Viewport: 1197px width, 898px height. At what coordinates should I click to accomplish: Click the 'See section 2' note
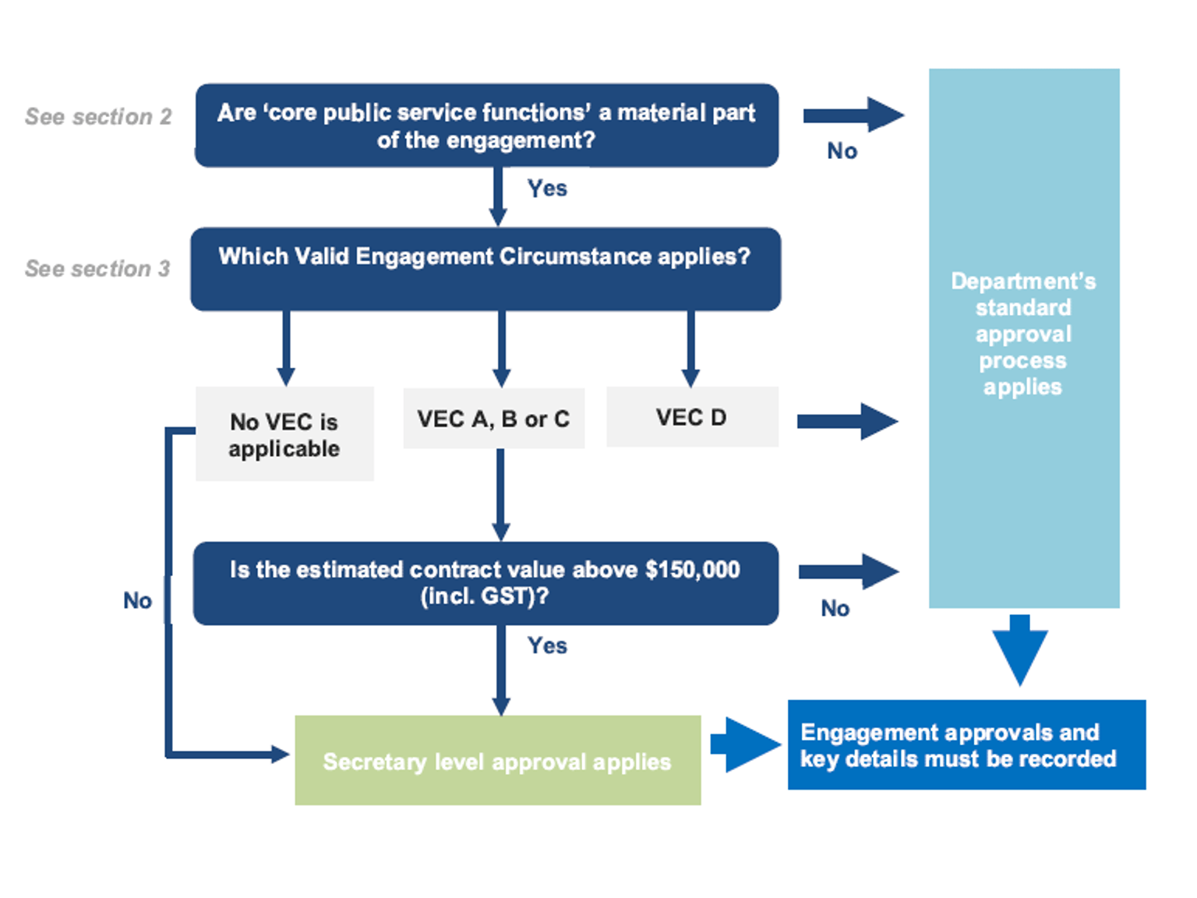(x=98, y=117)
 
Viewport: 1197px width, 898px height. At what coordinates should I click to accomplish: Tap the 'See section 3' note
(x=97, y=269)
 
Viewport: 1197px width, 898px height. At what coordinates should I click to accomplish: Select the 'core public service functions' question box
(x=486, y=126)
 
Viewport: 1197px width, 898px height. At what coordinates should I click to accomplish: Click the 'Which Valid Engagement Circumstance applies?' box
(x=485, y=269)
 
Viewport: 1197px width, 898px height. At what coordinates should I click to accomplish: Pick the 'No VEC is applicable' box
(x=284, y=434)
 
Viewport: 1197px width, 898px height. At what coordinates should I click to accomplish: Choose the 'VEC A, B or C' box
(x=493, y=419)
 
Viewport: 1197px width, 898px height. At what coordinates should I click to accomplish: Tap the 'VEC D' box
(x=691, y=417)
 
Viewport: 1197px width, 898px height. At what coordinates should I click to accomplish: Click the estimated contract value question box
(x=485, y=583)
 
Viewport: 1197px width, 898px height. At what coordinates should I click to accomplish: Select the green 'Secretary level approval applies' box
(x=497, y=761)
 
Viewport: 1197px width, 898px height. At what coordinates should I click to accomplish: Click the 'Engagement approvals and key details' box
(x=966, y=745)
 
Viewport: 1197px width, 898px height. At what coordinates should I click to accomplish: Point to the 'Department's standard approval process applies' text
(x=1023, y=334)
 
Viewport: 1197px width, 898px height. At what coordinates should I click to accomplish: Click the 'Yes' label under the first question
(x=547, y=189)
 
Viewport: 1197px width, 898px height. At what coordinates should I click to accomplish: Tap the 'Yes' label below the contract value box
(x=547, y=645)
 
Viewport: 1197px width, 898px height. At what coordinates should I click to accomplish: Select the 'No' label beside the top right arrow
(x=842, y=151)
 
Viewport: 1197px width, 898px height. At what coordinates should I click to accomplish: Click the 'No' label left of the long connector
(x=137, y=600)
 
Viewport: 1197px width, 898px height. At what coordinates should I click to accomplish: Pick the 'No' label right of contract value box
(x=835, y=608)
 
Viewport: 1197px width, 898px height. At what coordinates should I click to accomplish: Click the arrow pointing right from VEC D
(x=848, y=422)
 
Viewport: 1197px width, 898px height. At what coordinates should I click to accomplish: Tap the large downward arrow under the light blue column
(x=1019, y=649)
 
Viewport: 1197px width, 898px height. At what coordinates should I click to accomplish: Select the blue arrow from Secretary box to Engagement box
(x=744, y=745)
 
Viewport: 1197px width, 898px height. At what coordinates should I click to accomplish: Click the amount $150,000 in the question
(x=692, y=570)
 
